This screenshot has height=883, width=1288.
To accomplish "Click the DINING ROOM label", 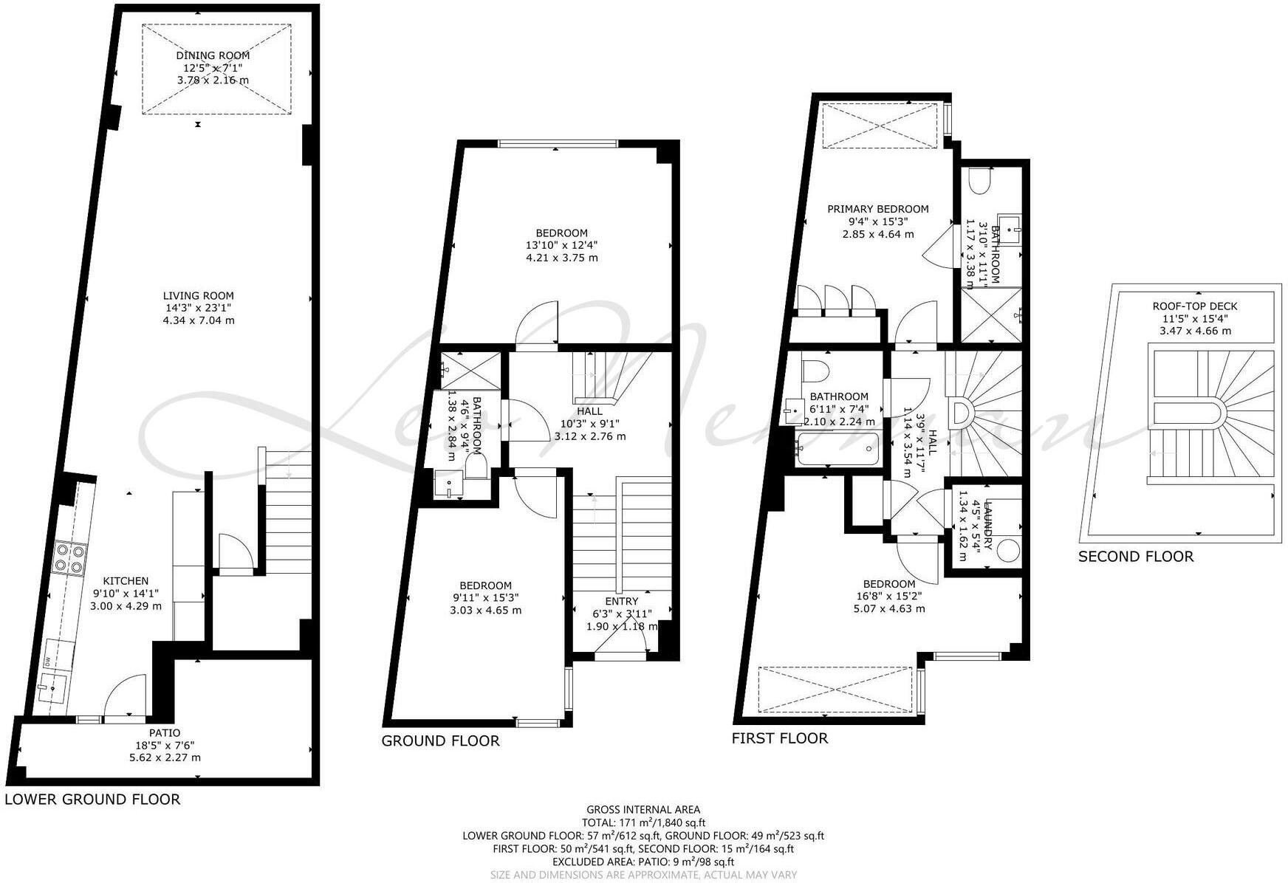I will [x=213, y=55].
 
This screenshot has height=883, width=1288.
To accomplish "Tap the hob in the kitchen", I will [x=70, y=557].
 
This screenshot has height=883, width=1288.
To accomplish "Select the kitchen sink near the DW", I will [x=52, y=687].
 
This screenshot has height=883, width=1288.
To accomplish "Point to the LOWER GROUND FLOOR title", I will [x=92, y=799].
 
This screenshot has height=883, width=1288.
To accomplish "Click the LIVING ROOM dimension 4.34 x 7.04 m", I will [x=199, y=320].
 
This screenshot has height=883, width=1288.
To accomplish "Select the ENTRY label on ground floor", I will [x=621, y=602].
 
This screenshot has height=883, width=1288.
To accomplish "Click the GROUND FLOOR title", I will [x=440, y=741].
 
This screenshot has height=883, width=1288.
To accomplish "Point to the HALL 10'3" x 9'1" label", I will [x=589, y=424].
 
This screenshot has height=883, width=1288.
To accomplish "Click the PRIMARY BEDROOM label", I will [x=877, y=209].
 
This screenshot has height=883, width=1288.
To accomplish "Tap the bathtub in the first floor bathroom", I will [x=838, y=449].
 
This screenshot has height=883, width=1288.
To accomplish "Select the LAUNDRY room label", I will [x=988, y=526].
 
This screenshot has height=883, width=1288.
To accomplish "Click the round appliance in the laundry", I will [x=1007, y=551].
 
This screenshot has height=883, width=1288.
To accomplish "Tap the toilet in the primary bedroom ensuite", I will [x=979, y=181].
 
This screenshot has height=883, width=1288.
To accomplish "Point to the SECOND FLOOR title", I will [x=1135, y=557].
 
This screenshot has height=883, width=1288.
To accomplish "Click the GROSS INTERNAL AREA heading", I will [x=643, y=810].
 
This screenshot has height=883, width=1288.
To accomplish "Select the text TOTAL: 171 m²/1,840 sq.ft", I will [x=643, y=822].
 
